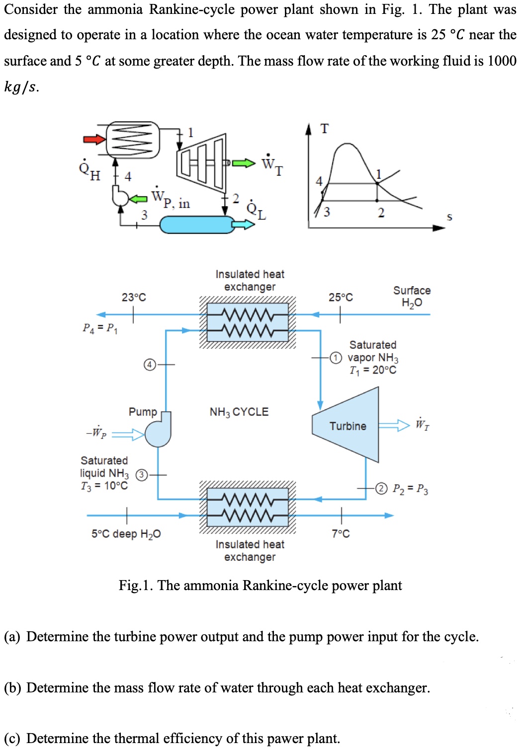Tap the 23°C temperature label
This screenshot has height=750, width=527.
[x=134, y=297]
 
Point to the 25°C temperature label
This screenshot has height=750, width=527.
[x=341, y=297]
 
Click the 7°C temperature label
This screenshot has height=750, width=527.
[x=341, y=534]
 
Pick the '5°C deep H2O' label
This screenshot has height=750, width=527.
[x=126, y=534]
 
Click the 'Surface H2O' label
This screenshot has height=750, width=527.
[x=412, y=297]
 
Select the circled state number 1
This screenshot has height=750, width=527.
[x=336, y=358]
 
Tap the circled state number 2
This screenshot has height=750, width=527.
[x=381, y=488]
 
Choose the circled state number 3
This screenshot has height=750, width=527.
[x=142, y=475]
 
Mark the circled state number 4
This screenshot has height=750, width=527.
[x=149, y=365]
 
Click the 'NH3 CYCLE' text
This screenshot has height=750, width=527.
[x=239, y=412]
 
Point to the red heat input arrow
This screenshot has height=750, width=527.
[x=94, y=139]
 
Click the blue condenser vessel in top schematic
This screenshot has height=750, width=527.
[x=197, y=225]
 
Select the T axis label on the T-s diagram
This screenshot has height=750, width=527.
[x=324, y=129]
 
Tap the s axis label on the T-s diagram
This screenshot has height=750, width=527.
[x=449, y=217]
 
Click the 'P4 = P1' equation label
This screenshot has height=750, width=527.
[x=100, y=328]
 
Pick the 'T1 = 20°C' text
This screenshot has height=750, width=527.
[x=373, y=371]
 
